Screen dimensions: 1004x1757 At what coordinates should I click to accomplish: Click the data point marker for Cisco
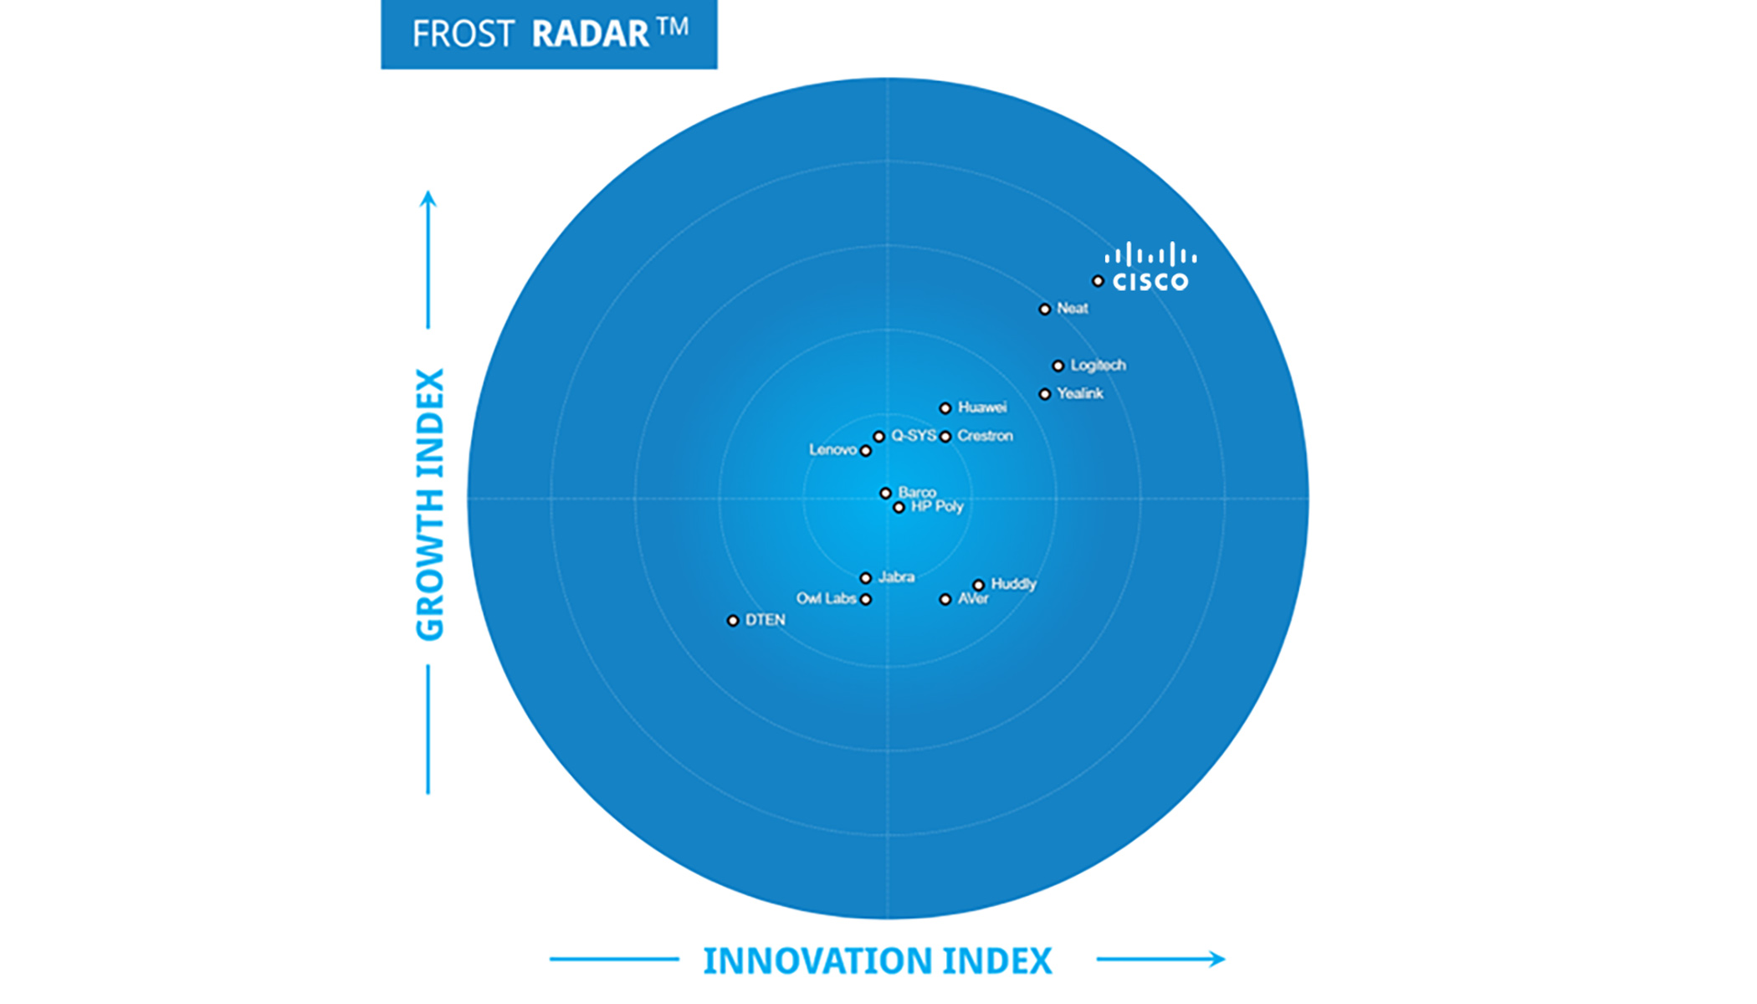pos(1098,281)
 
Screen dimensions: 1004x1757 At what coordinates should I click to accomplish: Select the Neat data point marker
pos(1044,310)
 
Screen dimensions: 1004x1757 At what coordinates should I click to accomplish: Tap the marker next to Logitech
pos(1058,366)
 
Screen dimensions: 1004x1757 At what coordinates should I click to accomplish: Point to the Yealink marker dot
pos(1044,394)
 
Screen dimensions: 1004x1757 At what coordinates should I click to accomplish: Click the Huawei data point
pos(945,408)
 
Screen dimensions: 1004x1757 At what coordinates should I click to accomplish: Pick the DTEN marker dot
pos(733,621)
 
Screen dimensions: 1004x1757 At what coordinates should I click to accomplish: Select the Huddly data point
pos(978,585)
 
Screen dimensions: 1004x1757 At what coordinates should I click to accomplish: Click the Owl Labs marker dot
pos(866,599)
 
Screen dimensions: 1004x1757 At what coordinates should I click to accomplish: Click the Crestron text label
pos(985,436)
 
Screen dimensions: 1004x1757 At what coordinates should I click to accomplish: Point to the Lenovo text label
pos(832,450)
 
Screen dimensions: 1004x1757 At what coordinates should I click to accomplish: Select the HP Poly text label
pos(937,506)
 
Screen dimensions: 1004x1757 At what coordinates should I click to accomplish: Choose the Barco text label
pos(917,492)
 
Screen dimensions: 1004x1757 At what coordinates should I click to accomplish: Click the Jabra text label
pos(896,577)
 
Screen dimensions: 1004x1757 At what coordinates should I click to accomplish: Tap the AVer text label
pos(973,599)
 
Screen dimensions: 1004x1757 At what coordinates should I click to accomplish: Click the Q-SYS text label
pos(914,436)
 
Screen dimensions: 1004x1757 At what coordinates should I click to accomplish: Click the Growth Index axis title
pos(430,505)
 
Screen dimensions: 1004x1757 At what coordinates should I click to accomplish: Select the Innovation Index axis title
pos(877,960)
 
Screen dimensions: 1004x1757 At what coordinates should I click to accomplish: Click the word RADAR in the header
pos(590,34)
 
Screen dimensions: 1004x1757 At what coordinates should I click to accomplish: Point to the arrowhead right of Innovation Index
pos(1218,959)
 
